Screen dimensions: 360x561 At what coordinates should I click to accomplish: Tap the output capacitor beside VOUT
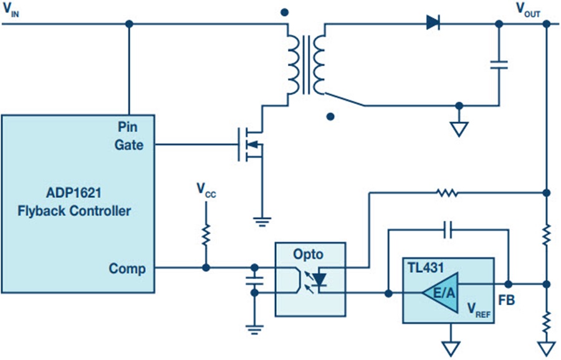click(x=499, y=64)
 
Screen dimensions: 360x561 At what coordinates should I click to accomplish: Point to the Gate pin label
click(x=130, y=145)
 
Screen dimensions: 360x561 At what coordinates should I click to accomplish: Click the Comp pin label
click(x=127, y=268)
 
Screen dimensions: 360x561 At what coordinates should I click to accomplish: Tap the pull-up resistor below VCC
click(x=206, y=237)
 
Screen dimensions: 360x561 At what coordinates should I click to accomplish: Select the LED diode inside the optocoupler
click(x=320, y=280)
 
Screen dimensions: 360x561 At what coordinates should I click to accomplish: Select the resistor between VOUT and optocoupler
click(x=448, y=194)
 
